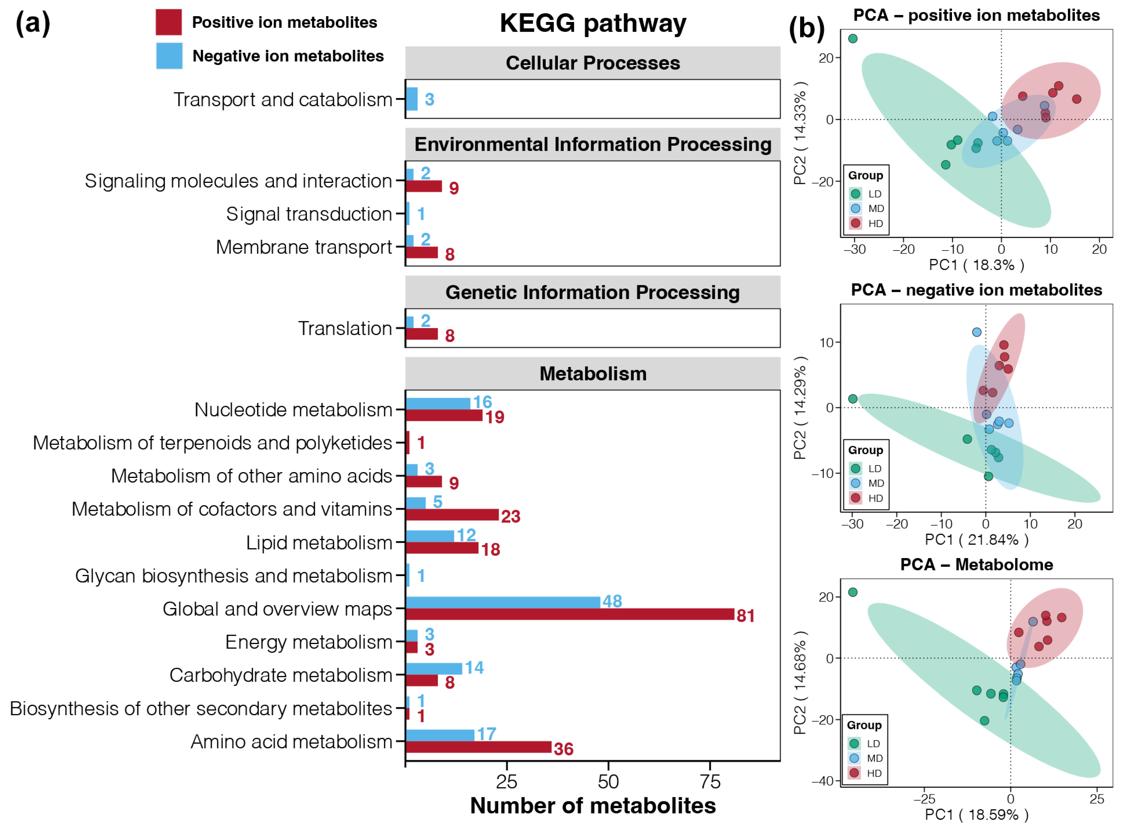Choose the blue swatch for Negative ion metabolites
point(169,55)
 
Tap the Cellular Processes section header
point(592,63)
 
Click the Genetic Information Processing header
point(592,293)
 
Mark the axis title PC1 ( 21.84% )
point(976,539)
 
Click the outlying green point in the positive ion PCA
point(853,39)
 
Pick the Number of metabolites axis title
point(592,806)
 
